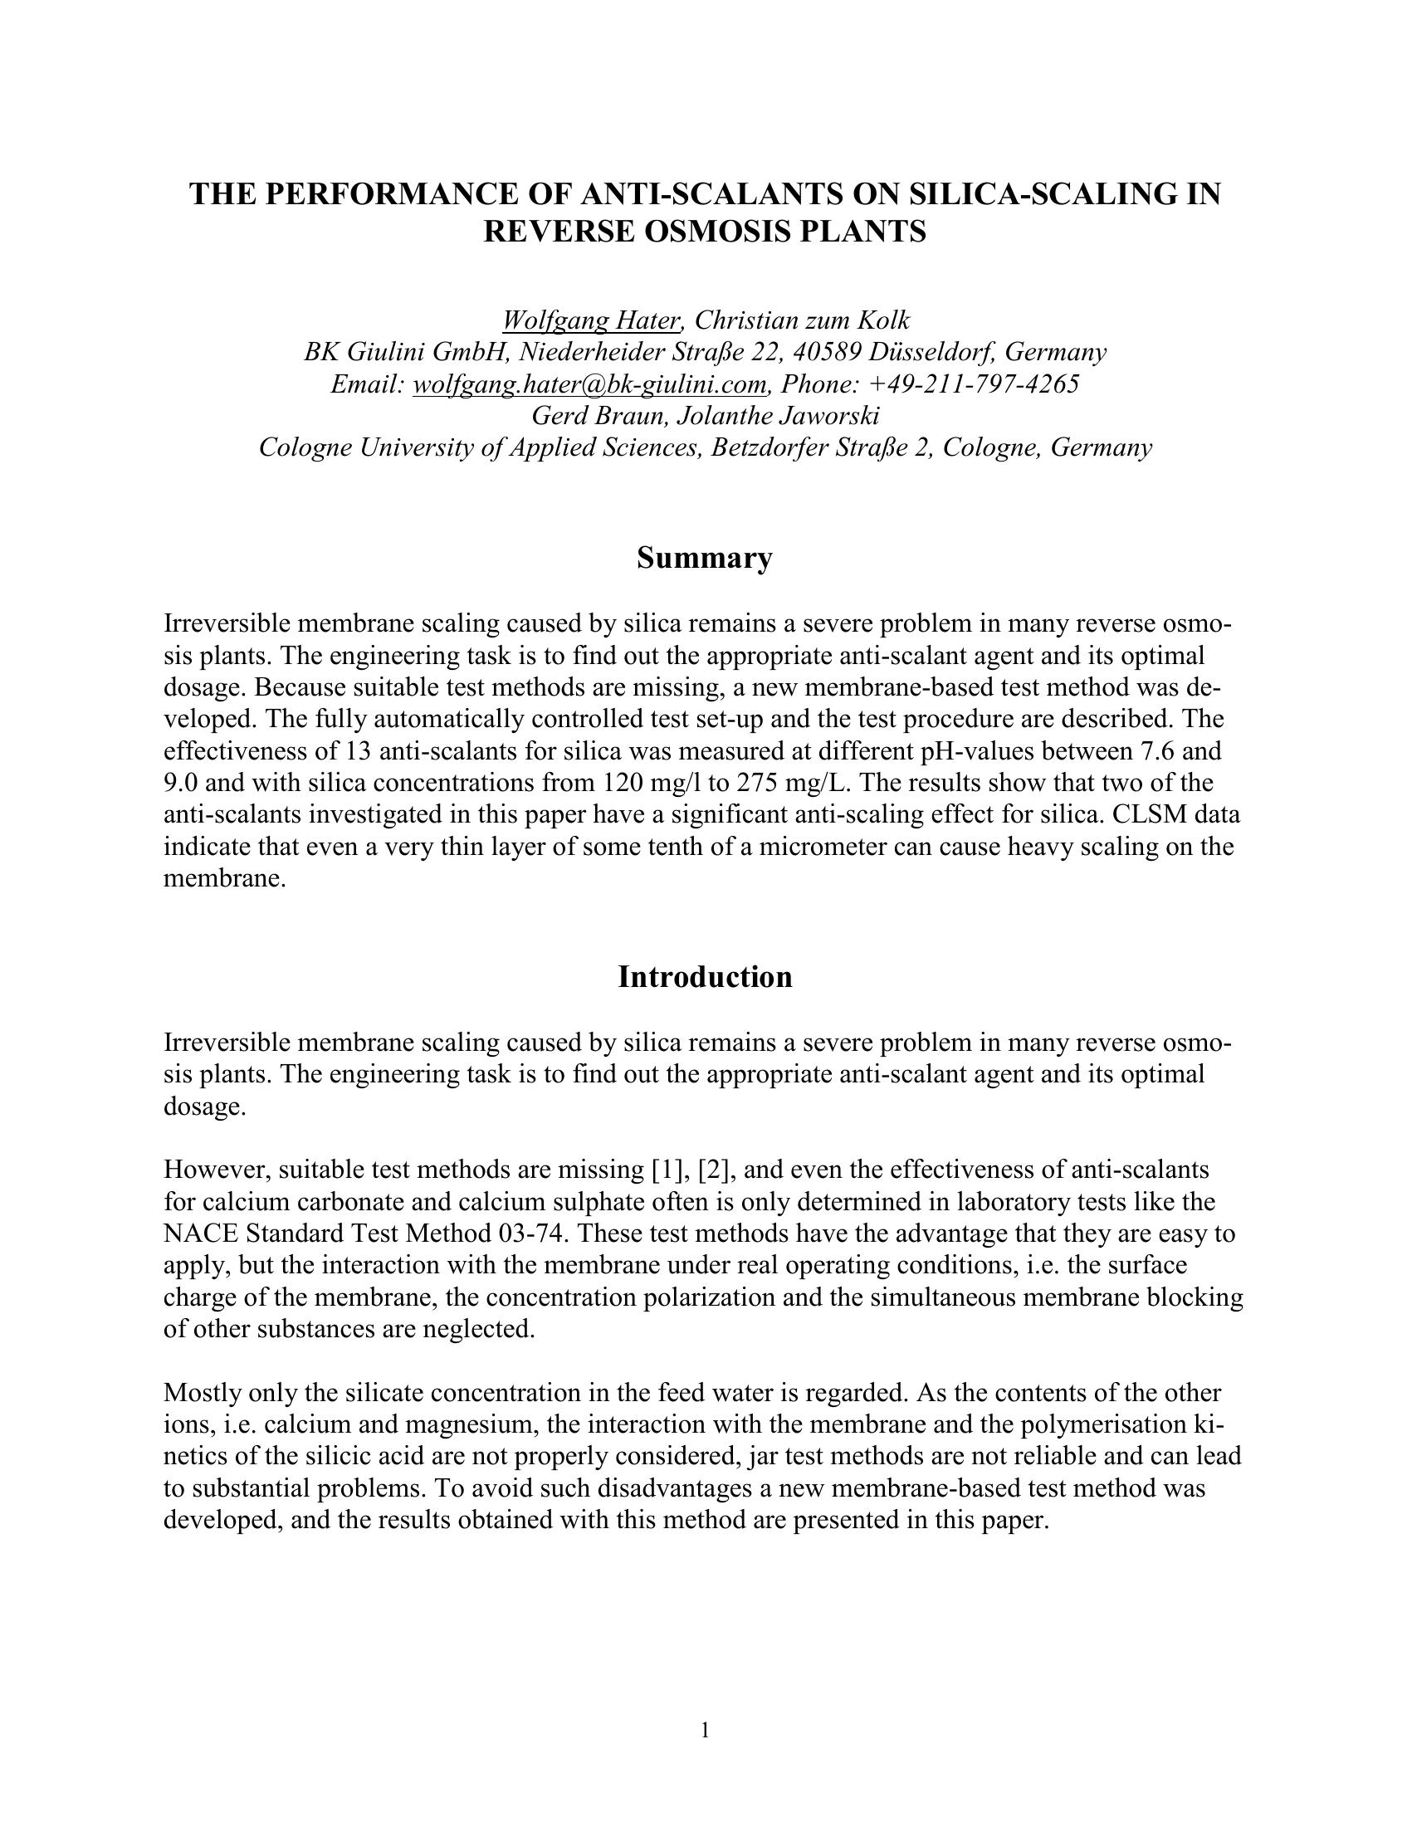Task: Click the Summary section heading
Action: point(704,558)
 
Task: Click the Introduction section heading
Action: point(704,977)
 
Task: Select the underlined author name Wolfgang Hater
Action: point(591,320)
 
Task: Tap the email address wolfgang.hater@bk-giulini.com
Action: point(589,384)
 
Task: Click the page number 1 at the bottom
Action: point(705,1729)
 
